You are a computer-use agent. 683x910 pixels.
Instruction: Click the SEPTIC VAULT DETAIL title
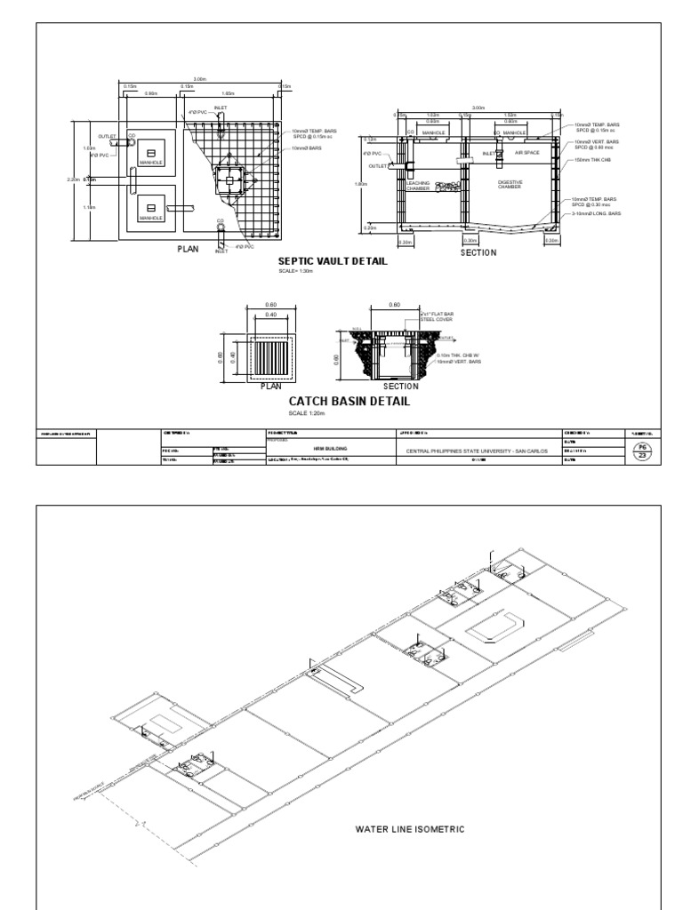pyautogui.click(x=333, y=260)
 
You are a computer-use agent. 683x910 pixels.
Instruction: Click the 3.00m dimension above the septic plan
pyautogui.click(x=199, y=79)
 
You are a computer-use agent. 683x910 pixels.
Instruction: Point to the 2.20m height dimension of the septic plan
pyautogui.click(x=74, y=179)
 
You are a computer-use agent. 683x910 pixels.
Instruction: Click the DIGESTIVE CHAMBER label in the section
pyautogui.click(x=509, y=183)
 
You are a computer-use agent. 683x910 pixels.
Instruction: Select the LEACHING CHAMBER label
pyautogui.click(x=418, y=186)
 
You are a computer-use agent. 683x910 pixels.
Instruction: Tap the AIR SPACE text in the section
pyautogui.click(x=527, y=153)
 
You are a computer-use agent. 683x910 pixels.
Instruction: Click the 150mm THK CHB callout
pyautogui.click(x=591, y=160)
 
